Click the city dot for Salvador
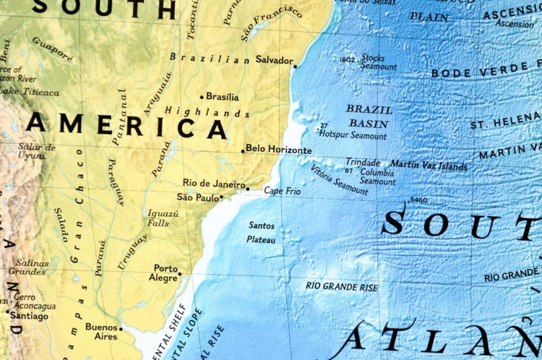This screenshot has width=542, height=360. click(295, 66)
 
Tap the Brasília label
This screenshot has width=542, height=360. click(222, 97)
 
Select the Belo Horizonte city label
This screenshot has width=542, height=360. click(279, 150)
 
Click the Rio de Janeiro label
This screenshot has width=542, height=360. click(213, 184)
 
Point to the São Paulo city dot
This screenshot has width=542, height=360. click(221, 197)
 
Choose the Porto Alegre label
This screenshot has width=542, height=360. click(165, 273)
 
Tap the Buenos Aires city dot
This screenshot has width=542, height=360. click(121, 329)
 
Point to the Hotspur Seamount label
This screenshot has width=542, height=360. click(353, 135)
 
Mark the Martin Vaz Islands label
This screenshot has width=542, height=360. click(429, 166)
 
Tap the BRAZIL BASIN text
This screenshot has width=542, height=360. click(369, 116)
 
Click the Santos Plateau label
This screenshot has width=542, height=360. click(261, 232)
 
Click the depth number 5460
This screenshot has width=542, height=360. click(418, 200)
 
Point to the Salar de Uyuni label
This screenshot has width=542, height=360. click(36, 151)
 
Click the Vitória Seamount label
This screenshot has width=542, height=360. click(339, 181)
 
